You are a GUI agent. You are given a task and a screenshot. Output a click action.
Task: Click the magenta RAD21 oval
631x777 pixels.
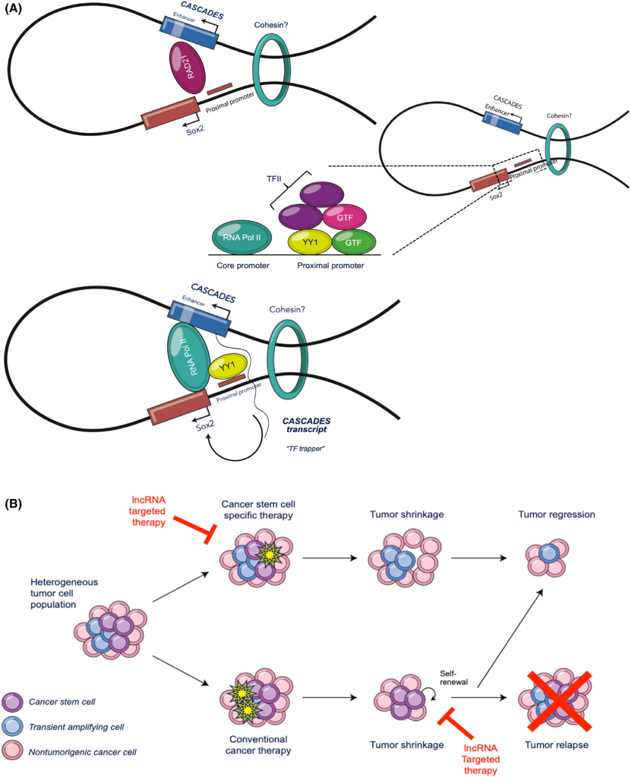[187, 68]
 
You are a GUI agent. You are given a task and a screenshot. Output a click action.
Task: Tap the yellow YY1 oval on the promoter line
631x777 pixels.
[310, 242]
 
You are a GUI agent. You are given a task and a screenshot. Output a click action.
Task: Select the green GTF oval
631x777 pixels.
[353, 242]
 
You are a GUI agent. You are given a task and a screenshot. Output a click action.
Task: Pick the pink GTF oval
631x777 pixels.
[345, 217]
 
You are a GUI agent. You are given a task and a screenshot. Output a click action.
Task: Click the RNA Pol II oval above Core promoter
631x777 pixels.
[242, 237]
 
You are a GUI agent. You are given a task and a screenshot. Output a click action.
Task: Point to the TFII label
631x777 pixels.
[274, 179]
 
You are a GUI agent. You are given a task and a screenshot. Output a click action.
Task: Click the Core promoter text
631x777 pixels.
[242, 266]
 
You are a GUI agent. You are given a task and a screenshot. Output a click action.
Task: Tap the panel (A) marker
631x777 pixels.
[13, 9]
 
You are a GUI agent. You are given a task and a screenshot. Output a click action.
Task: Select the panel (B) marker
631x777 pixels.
[13, 503]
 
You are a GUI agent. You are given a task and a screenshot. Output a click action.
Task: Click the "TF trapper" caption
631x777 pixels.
[306, 448]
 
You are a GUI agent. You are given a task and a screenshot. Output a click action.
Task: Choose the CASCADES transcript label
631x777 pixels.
[306, 425]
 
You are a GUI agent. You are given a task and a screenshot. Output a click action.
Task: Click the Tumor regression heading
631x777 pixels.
[556, 514]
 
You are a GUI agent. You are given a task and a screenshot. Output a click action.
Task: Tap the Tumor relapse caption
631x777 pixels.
[556, 745]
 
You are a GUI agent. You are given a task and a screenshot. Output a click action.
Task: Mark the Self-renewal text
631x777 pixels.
[453, 678]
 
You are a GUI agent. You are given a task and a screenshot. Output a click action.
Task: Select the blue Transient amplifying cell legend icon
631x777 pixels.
[12, 727]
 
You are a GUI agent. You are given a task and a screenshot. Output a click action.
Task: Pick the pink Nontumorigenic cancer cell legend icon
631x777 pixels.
[12, 751]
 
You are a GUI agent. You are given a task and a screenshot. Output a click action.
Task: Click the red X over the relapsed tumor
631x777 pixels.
[559, 701]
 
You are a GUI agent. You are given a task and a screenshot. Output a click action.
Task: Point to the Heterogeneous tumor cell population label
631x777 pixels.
[64, 593]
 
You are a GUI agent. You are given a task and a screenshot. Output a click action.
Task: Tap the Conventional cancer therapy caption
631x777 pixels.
[258, 745]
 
